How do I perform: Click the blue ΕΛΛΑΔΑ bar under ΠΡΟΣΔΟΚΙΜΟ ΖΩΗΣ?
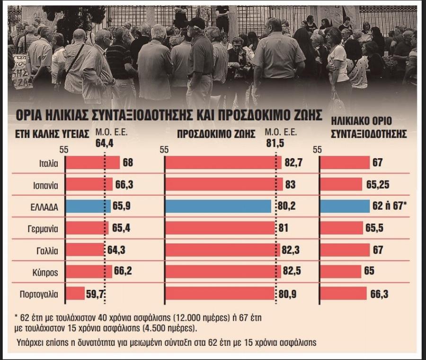click(218, 207)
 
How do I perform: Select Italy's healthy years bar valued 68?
click(93, 163)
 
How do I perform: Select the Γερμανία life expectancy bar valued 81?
click(220, 228)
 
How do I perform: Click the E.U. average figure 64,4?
click(105, 143)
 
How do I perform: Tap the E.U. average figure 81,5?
click(275, 143)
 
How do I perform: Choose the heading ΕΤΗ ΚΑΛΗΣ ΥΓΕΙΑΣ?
click(53, 134)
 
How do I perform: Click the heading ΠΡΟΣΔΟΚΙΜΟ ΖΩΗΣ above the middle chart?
click(216, 134)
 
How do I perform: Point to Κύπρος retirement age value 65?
click(369, 272)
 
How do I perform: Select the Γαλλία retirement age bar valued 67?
click(345, 250)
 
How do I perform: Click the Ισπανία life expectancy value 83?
click(291, 185)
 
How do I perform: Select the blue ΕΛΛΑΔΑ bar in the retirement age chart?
click(345, 207)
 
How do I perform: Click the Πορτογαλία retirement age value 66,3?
click(379, 294)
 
